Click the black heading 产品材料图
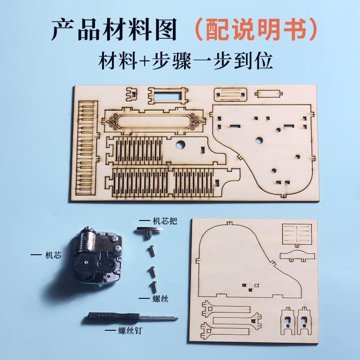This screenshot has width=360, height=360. pos(114,29)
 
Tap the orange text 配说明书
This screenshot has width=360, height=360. pos(256,29)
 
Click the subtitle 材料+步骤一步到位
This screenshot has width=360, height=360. pos(185,61)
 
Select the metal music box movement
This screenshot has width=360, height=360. pos(98,256)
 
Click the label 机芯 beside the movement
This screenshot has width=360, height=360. pos(53,255)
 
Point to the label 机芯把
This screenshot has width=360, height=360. pos(165,221)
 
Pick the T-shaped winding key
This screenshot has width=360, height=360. pos(149,232)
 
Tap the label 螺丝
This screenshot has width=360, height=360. pos(161,298)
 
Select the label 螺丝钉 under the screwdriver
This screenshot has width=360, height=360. pos(130,331)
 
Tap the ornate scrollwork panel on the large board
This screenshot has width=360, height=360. pos(153,121)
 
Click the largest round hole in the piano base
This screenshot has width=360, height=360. pos(259,140)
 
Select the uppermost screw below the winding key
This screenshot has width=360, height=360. pos(153,250)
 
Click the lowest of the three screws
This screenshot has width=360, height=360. pos(154,287)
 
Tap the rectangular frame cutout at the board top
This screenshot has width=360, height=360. pos(168,95)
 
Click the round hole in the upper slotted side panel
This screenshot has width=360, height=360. pos(180,145)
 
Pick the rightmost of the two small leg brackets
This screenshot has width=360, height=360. pos(305,321)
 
